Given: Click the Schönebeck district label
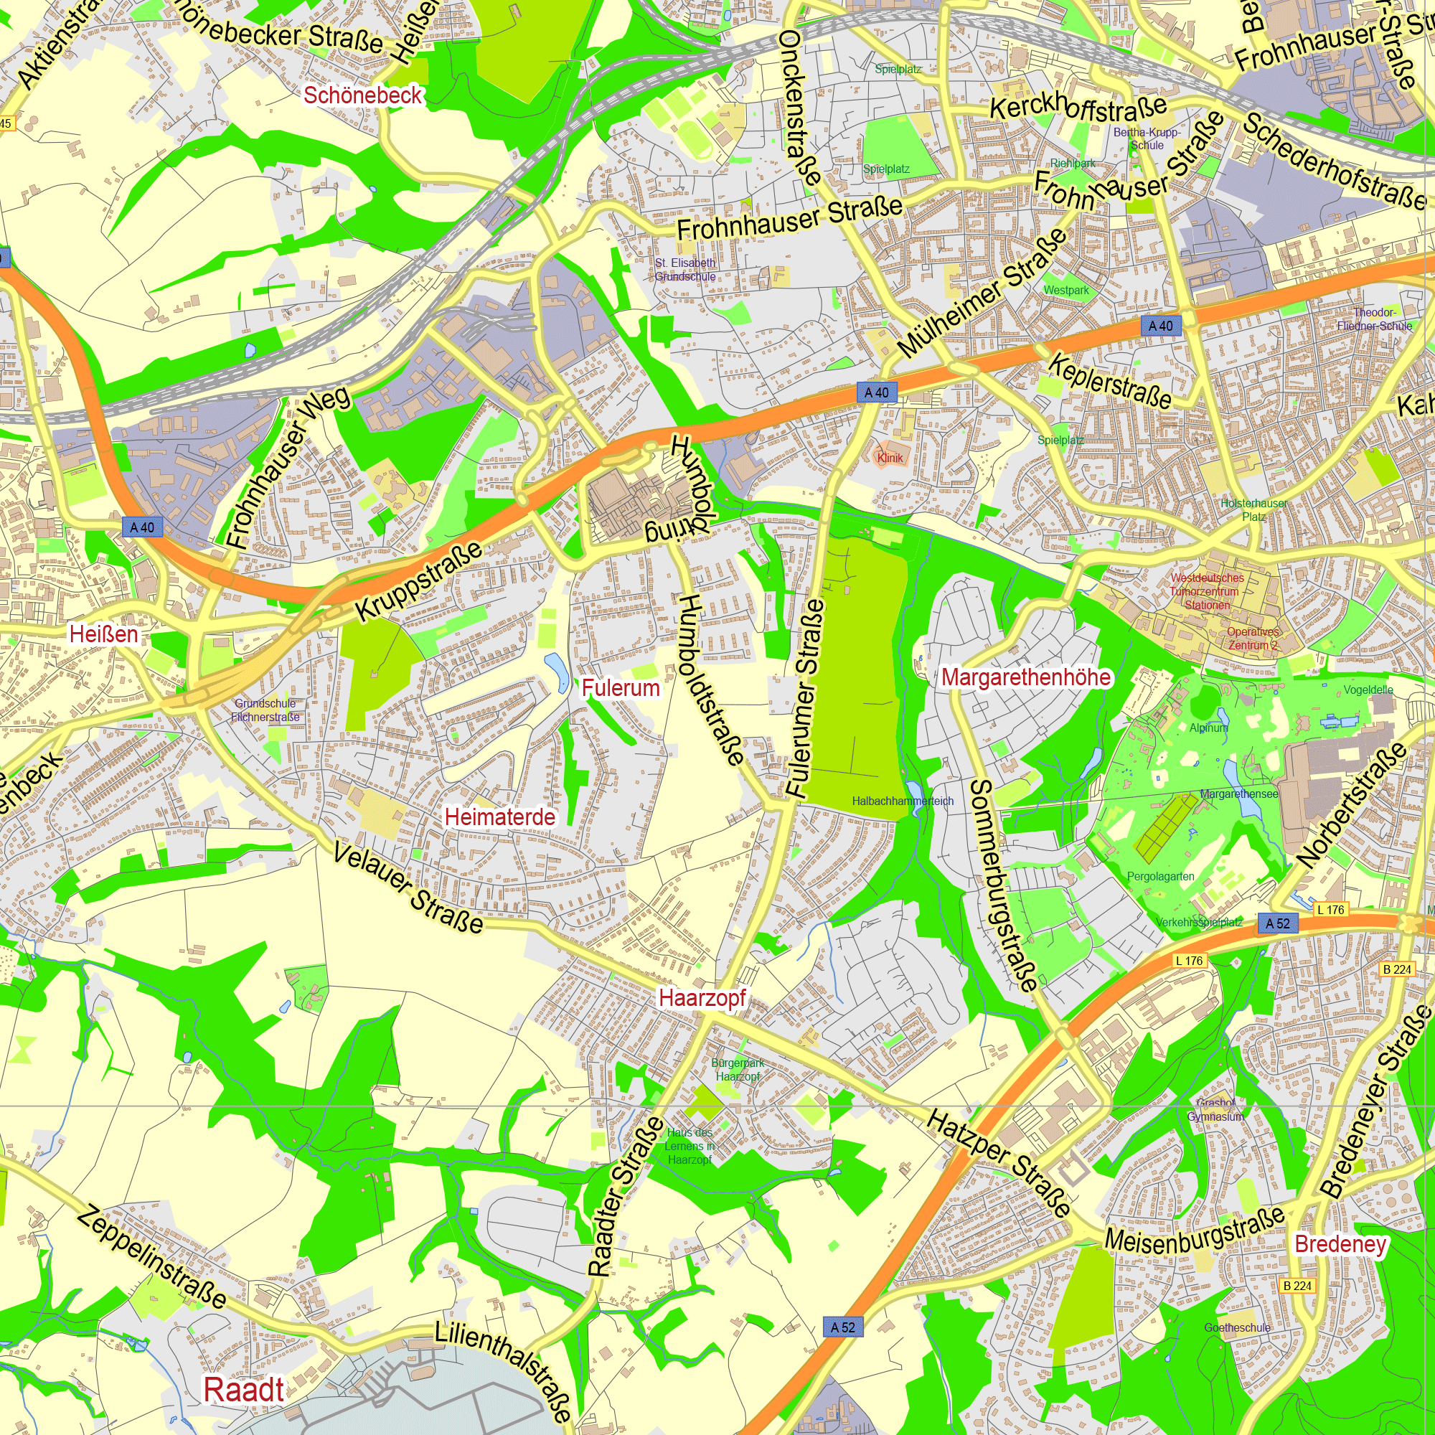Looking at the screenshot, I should pos(362,95).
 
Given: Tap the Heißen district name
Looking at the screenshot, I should pos(104,634).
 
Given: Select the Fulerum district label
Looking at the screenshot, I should pos(620,688).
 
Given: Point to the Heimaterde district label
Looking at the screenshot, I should pos(500,817).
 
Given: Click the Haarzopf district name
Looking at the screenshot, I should pos(702,997).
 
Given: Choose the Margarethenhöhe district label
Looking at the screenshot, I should pos(1026,677).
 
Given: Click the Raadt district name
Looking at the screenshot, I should pos(245,1389).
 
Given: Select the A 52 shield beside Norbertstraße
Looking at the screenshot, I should pos(1279,923).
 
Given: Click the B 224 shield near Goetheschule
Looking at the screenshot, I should pos(1297,1286).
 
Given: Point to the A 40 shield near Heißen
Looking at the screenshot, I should pos(142,527).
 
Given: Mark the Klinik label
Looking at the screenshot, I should pos(890,458).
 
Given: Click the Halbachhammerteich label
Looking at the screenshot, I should pos(903,801).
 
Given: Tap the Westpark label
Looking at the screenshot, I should pos(1066,291).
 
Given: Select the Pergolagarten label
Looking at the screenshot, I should pos(1161,877).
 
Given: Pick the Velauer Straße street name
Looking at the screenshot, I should pos(408,887).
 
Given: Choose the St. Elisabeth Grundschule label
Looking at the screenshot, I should pos(684,270).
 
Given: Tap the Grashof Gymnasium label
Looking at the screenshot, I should pos(1215,1110).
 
